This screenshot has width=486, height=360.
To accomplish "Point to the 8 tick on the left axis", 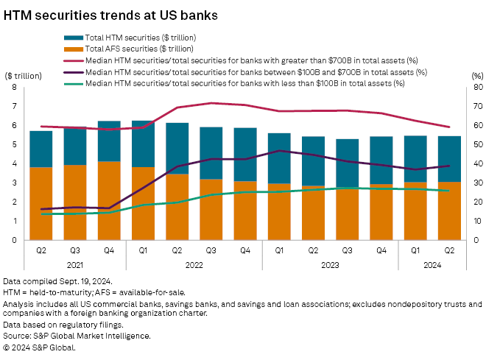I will pyautogui.click(x=14, y=87).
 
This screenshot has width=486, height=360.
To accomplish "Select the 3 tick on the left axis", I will pyautogui.click(x=14, y=183).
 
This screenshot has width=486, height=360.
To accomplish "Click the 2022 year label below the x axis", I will pyautogui.click(x=194, y=264).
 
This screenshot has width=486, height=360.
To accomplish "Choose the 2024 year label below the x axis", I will pyautogui.click(x=433, y=264).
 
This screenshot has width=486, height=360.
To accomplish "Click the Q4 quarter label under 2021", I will pyautogui.click(x=109, y=250).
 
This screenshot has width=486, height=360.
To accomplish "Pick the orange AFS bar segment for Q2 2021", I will pyautogui.click(x=40, y=203).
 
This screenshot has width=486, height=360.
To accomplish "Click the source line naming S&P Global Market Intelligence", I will pyautogui.click(x=77, y=336).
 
